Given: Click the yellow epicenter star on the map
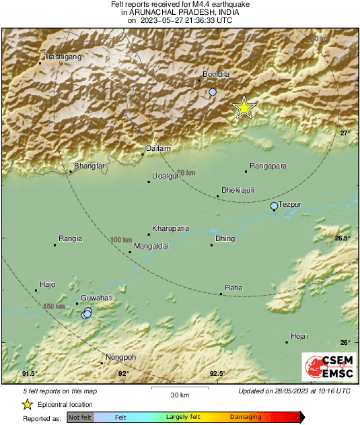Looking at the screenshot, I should click(244, 107).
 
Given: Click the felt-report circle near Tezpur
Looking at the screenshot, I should click(274, 206).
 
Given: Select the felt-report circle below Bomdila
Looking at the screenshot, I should click(213, 92).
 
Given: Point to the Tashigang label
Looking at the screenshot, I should click(63, 57).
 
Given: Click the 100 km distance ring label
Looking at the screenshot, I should click(121, 240).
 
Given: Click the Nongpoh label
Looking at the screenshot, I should click(121, 357).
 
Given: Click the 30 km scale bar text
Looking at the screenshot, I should click(180, 395).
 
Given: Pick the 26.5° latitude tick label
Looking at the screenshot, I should click(344, 238).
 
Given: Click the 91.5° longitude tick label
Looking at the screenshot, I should click(29, 374).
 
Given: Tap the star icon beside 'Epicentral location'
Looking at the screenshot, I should click(27, 404).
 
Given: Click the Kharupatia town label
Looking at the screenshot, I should click(171, 228).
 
